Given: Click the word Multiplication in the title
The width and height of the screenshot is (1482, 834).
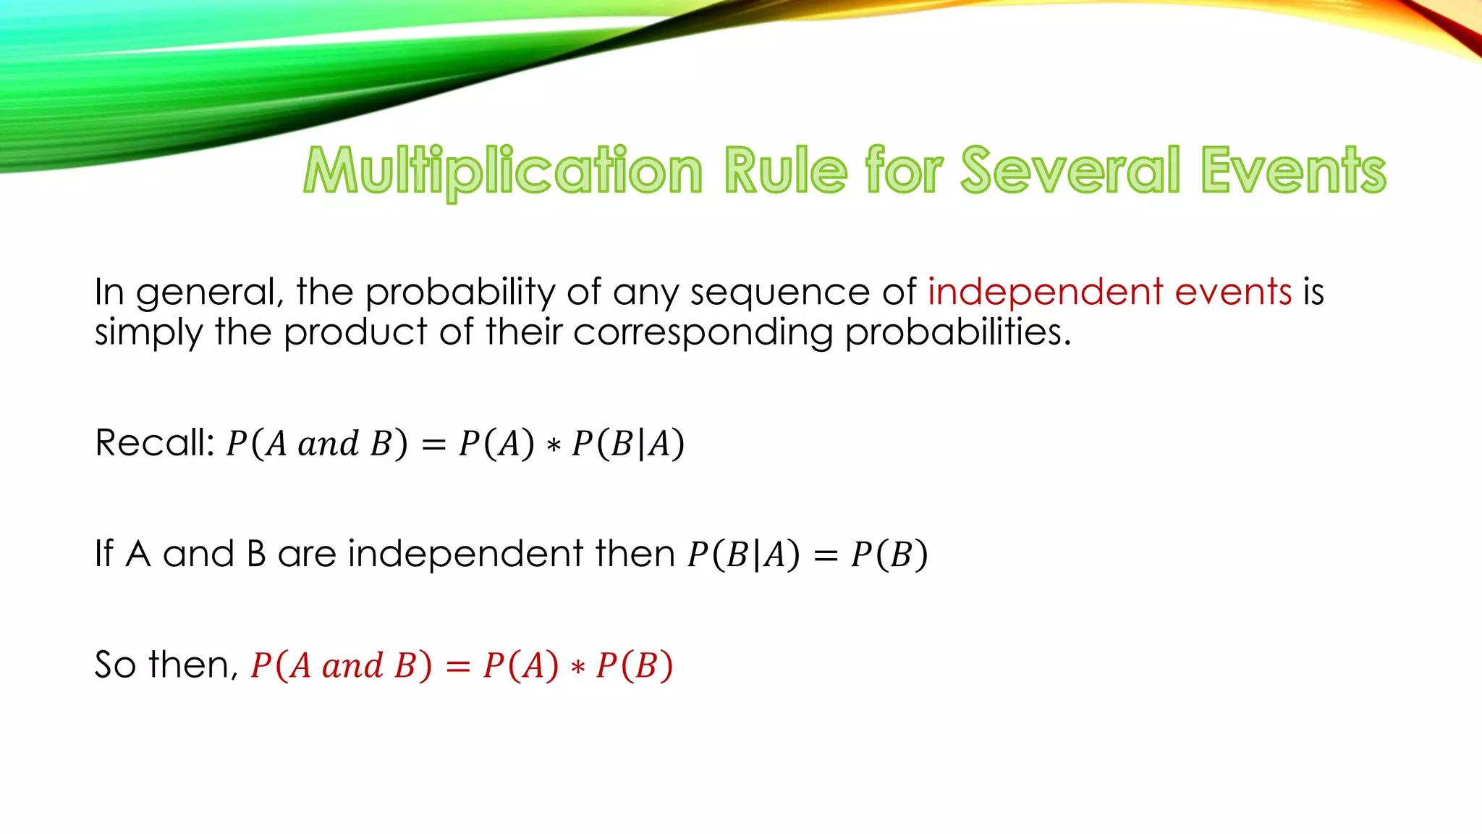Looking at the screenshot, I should tap(503, 171).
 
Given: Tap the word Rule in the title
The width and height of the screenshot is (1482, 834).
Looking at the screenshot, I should tap(785, 171).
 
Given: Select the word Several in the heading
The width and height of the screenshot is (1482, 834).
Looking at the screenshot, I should tap(1070, 171).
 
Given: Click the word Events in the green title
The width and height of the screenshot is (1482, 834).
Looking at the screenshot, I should tap(1293, 171).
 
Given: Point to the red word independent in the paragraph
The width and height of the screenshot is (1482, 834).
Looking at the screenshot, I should tap(1045, 292).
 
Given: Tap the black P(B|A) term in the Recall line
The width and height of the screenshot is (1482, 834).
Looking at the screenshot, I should tap(628, 443).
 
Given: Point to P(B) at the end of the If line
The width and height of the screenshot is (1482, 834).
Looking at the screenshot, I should tap(889, 555).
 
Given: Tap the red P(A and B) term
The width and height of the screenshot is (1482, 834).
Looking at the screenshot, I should tap(341, 665).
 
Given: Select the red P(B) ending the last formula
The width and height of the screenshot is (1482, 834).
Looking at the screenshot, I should tap(635, 665).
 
